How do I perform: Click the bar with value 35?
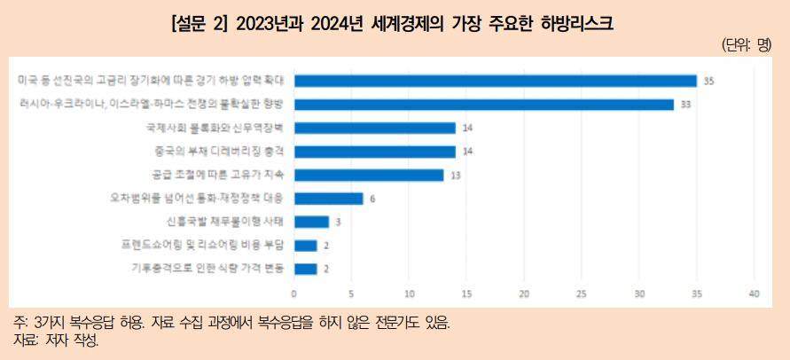[x=495, y=81]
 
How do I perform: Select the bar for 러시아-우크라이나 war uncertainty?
[x=483, y=105]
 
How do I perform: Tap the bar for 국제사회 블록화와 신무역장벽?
[x=374, y=128]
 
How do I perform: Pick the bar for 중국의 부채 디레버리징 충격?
[x=374, y=152]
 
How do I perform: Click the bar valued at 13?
[x=369, y=175]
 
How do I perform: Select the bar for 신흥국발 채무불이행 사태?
[x=311, y=222]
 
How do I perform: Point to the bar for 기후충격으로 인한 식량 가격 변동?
[x=305, y=269]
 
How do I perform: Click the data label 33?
[x=685, y=105]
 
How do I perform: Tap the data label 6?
[x=373, y=199]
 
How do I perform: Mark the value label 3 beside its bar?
[x=338, y=222]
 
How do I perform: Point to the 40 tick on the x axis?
[x=755, y=293]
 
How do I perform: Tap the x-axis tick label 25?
[x=582, y=293]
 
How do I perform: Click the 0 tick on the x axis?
[x=294, y=293]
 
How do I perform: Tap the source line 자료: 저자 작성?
[x=58, y=340]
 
